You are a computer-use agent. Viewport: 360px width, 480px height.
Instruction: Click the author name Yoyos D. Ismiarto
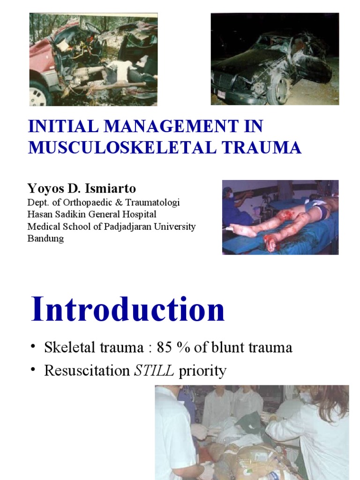[x=82, y=188]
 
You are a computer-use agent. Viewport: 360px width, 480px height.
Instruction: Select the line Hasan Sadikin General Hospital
[x=92, y=215]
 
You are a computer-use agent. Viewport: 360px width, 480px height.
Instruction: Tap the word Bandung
[x=46, y=238]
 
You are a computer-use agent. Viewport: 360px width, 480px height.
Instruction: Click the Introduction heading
[x=127, y=310]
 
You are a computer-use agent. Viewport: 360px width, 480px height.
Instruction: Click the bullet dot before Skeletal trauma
[x=33, y=346]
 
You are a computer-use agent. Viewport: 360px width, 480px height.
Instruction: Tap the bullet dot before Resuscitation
[x=33, y=370]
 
